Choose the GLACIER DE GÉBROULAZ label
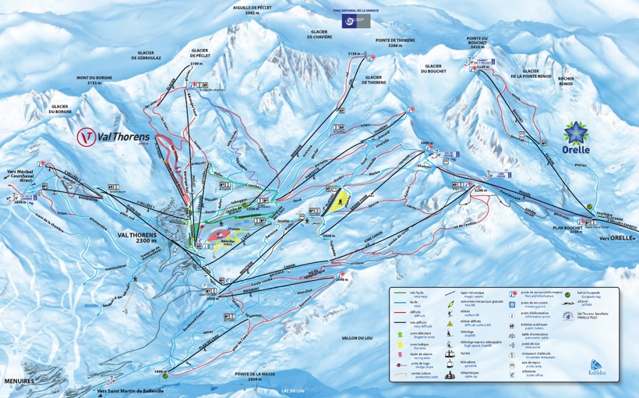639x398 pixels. pyautogui.click(x=148, y=55)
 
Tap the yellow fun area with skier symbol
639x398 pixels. pyautogui.click(x=336, y=201)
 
